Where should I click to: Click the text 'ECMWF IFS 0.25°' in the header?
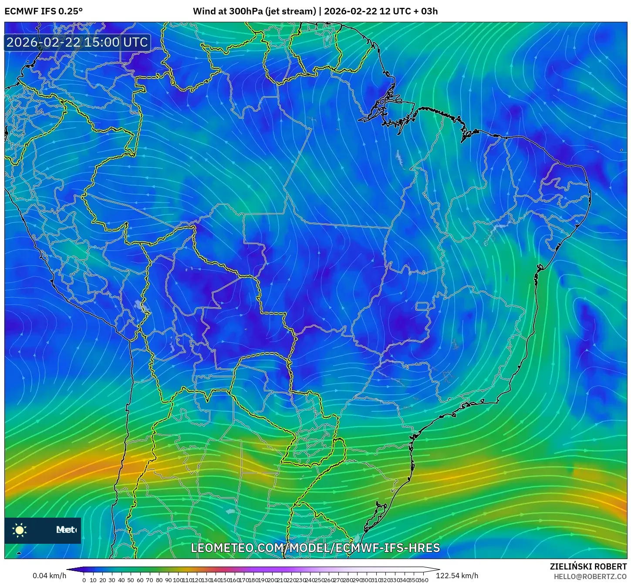[x=44, y=11]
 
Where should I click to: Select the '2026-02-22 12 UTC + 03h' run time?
[x=381, y=11]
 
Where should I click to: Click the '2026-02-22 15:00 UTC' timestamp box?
[x=78, y=42]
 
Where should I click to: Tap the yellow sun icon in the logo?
[x=20, y=530]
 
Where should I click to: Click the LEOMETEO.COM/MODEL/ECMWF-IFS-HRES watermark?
[x=315, y=548]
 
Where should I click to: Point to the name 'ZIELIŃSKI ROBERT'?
[x=588, y=566]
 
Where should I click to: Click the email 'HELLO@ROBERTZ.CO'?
[x=590, y=576]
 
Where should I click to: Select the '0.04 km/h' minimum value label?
[x=49, y=576]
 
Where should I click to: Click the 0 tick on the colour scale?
[x=84, y=580]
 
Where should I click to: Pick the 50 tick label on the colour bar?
[x=131, y=580]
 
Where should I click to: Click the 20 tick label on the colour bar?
[x=103, y=580]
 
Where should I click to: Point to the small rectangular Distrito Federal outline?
[x=422, y=306]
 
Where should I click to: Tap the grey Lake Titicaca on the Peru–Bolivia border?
[x=141, y=305]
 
